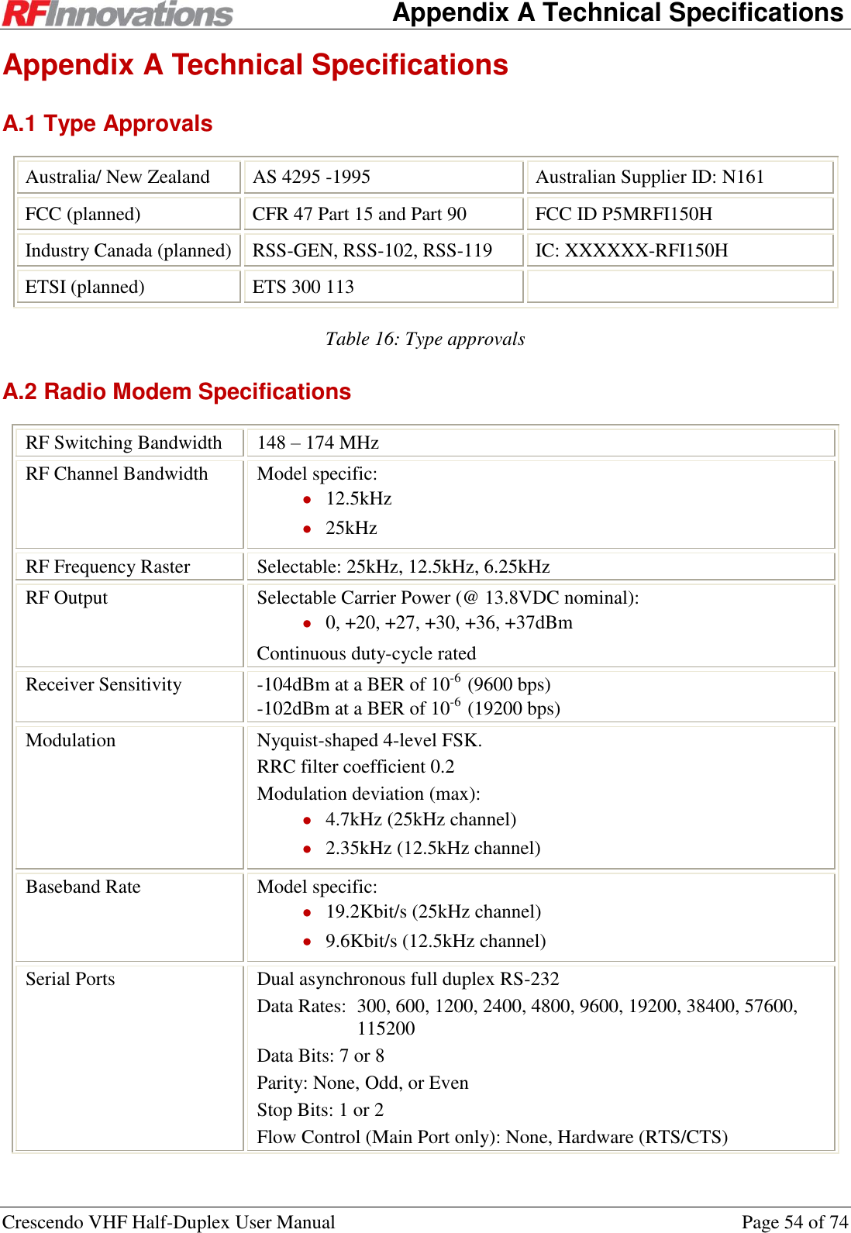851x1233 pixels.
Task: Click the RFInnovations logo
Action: coord(118,14)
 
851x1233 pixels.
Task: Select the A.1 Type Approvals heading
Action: coord(108,124)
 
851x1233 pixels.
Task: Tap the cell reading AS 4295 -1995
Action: coord(312,177)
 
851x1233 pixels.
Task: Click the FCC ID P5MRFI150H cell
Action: coord(623,214)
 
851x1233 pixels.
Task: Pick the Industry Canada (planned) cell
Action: coord(128,251)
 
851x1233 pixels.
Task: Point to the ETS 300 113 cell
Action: coord(303,288)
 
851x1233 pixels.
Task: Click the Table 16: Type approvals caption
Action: coord(425,339)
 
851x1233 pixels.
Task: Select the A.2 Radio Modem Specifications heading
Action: coord(177,392)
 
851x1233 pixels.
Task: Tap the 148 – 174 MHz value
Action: coord(318,443)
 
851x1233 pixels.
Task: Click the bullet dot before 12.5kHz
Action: coord(308,500)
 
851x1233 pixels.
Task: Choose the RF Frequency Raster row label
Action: coord(108,567)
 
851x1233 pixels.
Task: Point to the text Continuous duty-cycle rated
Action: coord(367,654)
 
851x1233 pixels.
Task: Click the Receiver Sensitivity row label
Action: coord(104,685)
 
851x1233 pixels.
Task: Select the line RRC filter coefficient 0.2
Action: coord(356,767)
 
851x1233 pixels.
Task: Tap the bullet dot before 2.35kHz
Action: coord(308,849)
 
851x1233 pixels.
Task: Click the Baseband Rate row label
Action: coord(83,887)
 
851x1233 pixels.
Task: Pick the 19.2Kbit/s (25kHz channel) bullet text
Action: coord(433,912)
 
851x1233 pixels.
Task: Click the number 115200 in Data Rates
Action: coord(386,1029)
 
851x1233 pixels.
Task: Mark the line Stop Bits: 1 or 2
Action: coord(320,1111)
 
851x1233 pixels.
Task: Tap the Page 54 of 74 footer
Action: coord(794,1222)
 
